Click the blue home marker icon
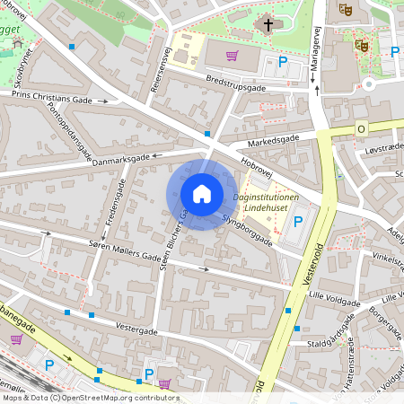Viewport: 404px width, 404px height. (202, 194)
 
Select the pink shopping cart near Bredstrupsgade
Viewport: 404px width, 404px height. (233, 56)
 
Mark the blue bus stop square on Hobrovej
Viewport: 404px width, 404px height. (208, 134)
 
